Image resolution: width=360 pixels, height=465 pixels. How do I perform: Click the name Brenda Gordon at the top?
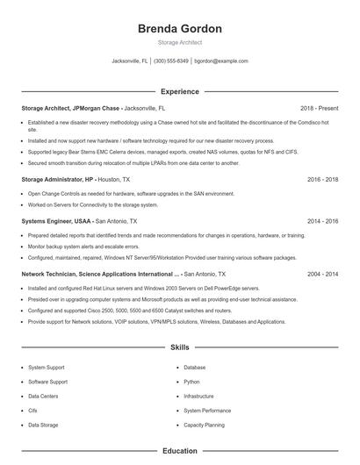pyautogui.click(x=179, y=29)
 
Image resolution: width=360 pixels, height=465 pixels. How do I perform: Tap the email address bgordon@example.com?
pyautogui.click(x=221, y=61)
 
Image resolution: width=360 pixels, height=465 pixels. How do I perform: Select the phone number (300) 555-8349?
pyautogui.click(x=172, y=61)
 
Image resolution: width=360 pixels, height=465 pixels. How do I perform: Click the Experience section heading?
pyautogui.click(x=179, y=91)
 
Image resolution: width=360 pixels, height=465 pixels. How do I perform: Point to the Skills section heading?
pyautogui.click(x=179, y=347)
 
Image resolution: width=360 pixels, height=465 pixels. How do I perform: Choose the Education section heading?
pyautogui.click(x=179, y=451)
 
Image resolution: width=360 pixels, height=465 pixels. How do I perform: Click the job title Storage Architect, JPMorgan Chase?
pyautogui.click(x=71, y=108)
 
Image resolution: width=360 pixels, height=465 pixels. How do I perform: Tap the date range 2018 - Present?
pyautogui.click(x=319, y=108)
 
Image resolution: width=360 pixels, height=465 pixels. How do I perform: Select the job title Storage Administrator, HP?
pyautogui.click(x=58, y=179)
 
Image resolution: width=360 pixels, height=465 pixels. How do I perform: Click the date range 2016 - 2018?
pyautogui.click(x=322, y=179)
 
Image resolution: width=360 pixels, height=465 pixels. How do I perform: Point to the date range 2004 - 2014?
pyautogui.click(x=322, y=274)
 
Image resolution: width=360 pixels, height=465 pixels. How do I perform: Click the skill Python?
pyautogui.click(x=191, y=382)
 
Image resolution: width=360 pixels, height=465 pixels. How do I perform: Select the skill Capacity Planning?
pyautogui.click(x=204, y=425)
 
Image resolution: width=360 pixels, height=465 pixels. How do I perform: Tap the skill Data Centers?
pyautogui.click(x=44, y=396)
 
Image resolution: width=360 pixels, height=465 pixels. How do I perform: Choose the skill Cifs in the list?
pyautogui.click(x=32, y=410)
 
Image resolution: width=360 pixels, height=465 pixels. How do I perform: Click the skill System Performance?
pyautogui.click(x=207, y=410)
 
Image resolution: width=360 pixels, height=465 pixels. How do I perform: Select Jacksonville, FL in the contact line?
pyautogui.click(x=130, y=61)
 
